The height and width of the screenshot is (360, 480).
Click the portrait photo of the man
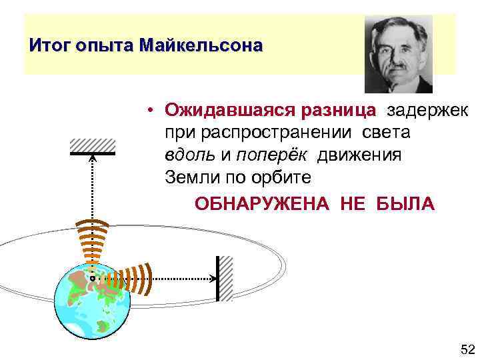[x=399, y=54]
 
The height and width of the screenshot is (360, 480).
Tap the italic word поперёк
[x=272, y=155]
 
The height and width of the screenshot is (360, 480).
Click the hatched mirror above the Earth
[x=93, y=147]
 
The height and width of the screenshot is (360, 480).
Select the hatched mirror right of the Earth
[x=225, y=277]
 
